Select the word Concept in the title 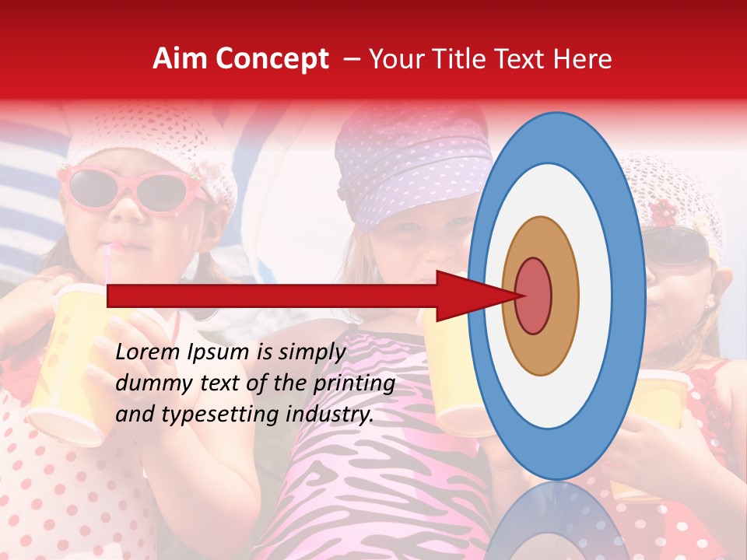272,60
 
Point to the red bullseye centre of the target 534,296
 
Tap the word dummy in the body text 150,383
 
